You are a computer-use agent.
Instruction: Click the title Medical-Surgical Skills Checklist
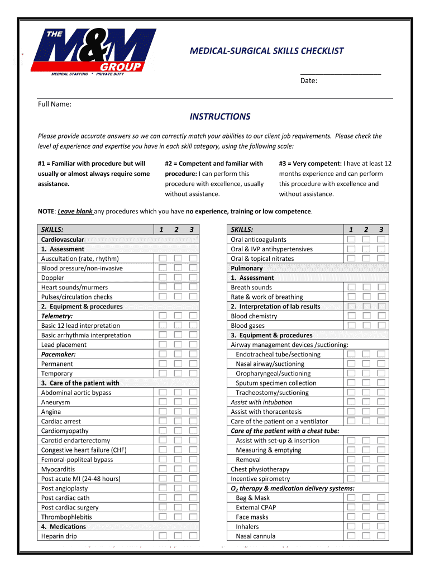(x=267, y=51)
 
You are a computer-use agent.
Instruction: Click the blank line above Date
(x=340, y=73)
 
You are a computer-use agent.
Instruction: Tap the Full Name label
(x=55, y=104)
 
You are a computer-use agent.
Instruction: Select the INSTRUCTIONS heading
(x=220, y=117)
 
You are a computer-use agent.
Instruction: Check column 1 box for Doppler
(x=163, y=278)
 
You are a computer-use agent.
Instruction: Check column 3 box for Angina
(x=193, y=412)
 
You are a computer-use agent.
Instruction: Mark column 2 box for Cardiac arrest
(x=178, y=421)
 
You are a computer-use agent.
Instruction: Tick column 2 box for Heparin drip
(x=178, y=536)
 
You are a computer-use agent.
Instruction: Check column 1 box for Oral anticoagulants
(x=351, y=240)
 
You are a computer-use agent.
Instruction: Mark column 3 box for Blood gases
(x=381, y=326)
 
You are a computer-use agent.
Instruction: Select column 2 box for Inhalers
(x=366, y=526)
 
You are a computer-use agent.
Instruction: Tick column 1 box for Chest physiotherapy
(x=351, y=469)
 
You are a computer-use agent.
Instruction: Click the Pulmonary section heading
(x=246, y=268)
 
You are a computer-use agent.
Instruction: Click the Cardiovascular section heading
(x=63, y=240)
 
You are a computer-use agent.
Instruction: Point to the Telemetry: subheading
(x=57, y=316)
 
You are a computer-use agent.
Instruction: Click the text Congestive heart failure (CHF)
(x=84, y=450)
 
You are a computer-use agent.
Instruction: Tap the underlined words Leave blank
(x=75, y=211)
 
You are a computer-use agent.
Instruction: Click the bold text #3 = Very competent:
(x=310, y=164)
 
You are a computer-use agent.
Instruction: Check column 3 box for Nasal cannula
(x=381, y=536)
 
